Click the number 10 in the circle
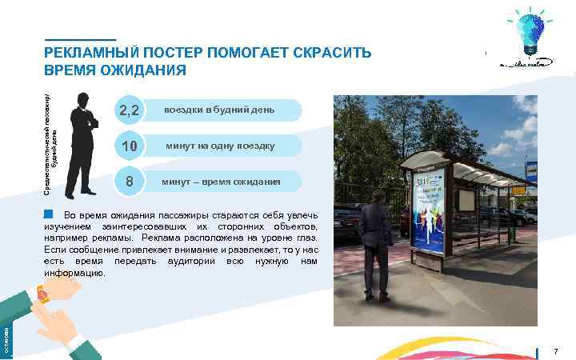(129, 146)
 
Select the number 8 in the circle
(129, 182)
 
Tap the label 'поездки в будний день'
(218, 110)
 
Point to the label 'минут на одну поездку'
(220, 146)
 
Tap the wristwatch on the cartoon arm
(42, 295)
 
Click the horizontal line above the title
(80, 39)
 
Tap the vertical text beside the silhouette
(50, 141)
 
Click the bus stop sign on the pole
(530, 170)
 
